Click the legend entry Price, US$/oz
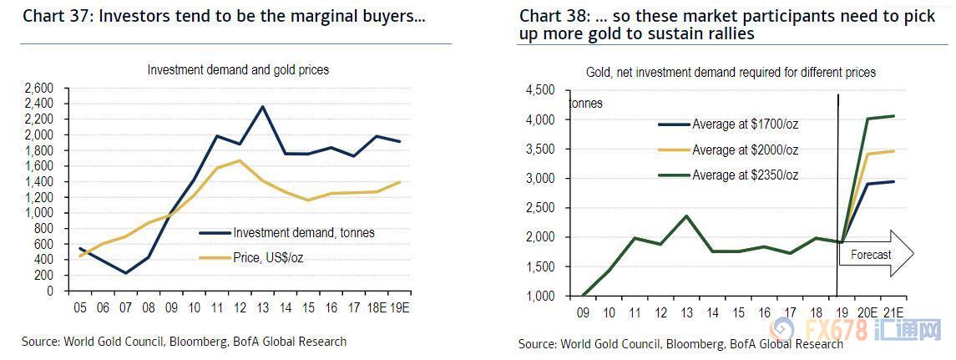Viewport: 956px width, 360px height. tap(268, 258)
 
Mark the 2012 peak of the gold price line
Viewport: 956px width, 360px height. tap(240, 160)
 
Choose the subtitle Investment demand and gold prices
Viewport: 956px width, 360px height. tap(238, 70)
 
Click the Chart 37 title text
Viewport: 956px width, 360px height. tap(224, 16)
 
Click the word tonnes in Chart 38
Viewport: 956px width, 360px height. tap(586, 104)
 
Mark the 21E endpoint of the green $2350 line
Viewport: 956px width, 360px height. tap(894, 116)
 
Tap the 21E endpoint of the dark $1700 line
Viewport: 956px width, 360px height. tap(894, 181)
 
